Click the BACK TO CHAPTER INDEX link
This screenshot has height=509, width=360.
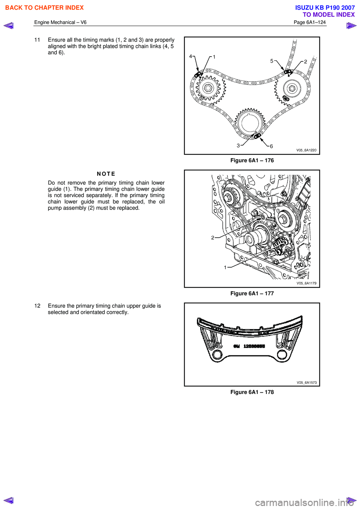[x=44, y=7]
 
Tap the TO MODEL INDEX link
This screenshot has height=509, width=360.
[x=328, y=15]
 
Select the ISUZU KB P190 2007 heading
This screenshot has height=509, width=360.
[x=325, y=7]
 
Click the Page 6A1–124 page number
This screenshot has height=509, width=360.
[x=309, y=22]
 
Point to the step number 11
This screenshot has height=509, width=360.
[x=37, y=40]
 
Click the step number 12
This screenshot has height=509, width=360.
[x=37, y=306]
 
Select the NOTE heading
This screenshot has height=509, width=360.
[x=106, y=174]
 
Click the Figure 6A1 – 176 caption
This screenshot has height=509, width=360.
[x=252, y=160]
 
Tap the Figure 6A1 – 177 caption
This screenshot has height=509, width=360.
[x=252, y=293]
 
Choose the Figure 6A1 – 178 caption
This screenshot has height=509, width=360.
[x=252, y=392]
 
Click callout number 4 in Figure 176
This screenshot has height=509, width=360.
[x=190, y=57]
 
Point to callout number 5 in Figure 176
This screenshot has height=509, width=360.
[x=272, y=61]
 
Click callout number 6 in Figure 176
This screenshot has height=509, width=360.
[x=271, y=146]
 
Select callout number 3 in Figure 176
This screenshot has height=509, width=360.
[x=238, y=145]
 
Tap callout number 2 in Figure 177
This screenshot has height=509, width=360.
[x=213, y=238]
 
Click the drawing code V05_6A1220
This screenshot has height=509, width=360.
[x=306, y=150]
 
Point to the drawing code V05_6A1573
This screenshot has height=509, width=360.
[x=306, y=383]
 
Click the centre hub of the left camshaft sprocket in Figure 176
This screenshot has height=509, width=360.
[x=208, y=88]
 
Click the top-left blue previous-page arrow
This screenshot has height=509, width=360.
[x=9, y=25]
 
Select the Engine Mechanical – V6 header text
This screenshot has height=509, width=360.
[x=60, y=22]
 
